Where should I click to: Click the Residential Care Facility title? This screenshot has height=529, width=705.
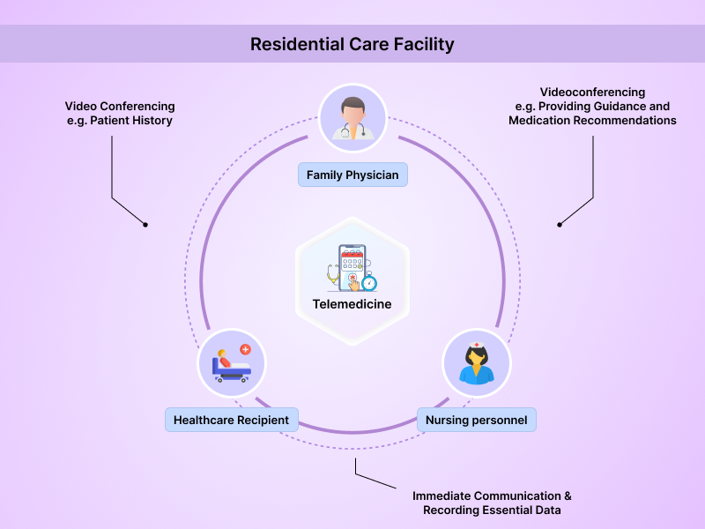(352, 44)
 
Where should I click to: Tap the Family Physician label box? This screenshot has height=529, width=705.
(352, 175)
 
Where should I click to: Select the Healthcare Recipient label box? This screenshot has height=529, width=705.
(231, 420)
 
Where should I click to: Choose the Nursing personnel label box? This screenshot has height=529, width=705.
(476, 420)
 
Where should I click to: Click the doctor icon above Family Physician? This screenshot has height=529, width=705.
(352, 118)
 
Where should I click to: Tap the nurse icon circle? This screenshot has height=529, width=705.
(476, 363)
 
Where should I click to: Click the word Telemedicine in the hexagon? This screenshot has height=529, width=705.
(352, 304)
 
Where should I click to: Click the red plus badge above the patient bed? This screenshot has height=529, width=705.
(245, 350)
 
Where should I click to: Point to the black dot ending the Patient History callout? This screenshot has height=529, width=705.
(145, 224)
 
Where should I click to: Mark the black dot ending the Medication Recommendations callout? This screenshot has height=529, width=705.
(560, 224)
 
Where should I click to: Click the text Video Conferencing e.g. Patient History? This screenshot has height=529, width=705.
(119, 114)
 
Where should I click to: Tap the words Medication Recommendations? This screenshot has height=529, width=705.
(592, 120)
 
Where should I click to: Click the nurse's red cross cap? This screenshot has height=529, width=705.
(476, 346)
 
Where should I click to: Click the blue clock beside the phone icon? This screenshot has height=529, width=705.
(369, 283)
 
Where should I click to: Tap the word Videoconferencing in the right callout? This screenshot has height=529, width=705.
(592, 92)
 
